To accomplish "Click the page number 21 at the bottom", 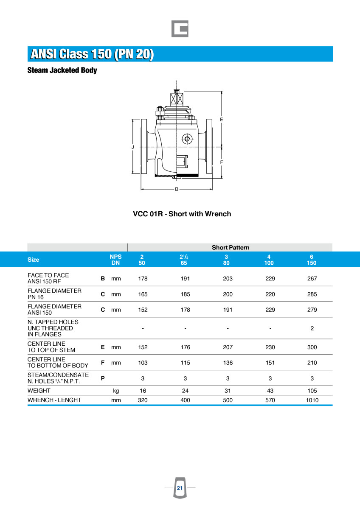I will (180, 488).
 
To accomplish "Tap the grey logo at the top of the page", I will (180, 29).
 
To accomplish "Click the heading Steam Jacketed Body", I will (62, 70).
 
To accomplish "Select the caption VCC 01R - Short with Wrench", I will (182, 214).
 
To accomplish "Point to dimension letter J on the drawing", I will (133, 147).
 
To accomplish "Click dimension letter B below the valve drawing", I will (177, 189).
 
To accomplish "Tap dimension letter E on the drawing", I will (221, 120).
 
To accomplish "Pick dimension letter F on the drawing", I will (221, 162).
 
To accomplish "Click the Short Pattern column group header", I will (231, 247).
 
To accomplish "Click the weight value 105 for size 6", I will (312, 391).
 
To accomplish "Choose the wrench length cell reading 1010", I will (312, 400).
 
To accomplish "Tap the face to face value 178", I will (143, 279).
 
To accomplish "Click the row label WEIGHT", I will (39, 391).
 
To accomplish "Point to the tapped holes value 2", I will (312, 328).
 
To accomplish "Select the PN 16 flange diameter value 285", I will (312, 294).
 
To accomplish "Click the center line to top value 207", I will (228, 347).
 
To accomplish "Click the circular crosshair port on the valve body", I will (186, 139).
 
